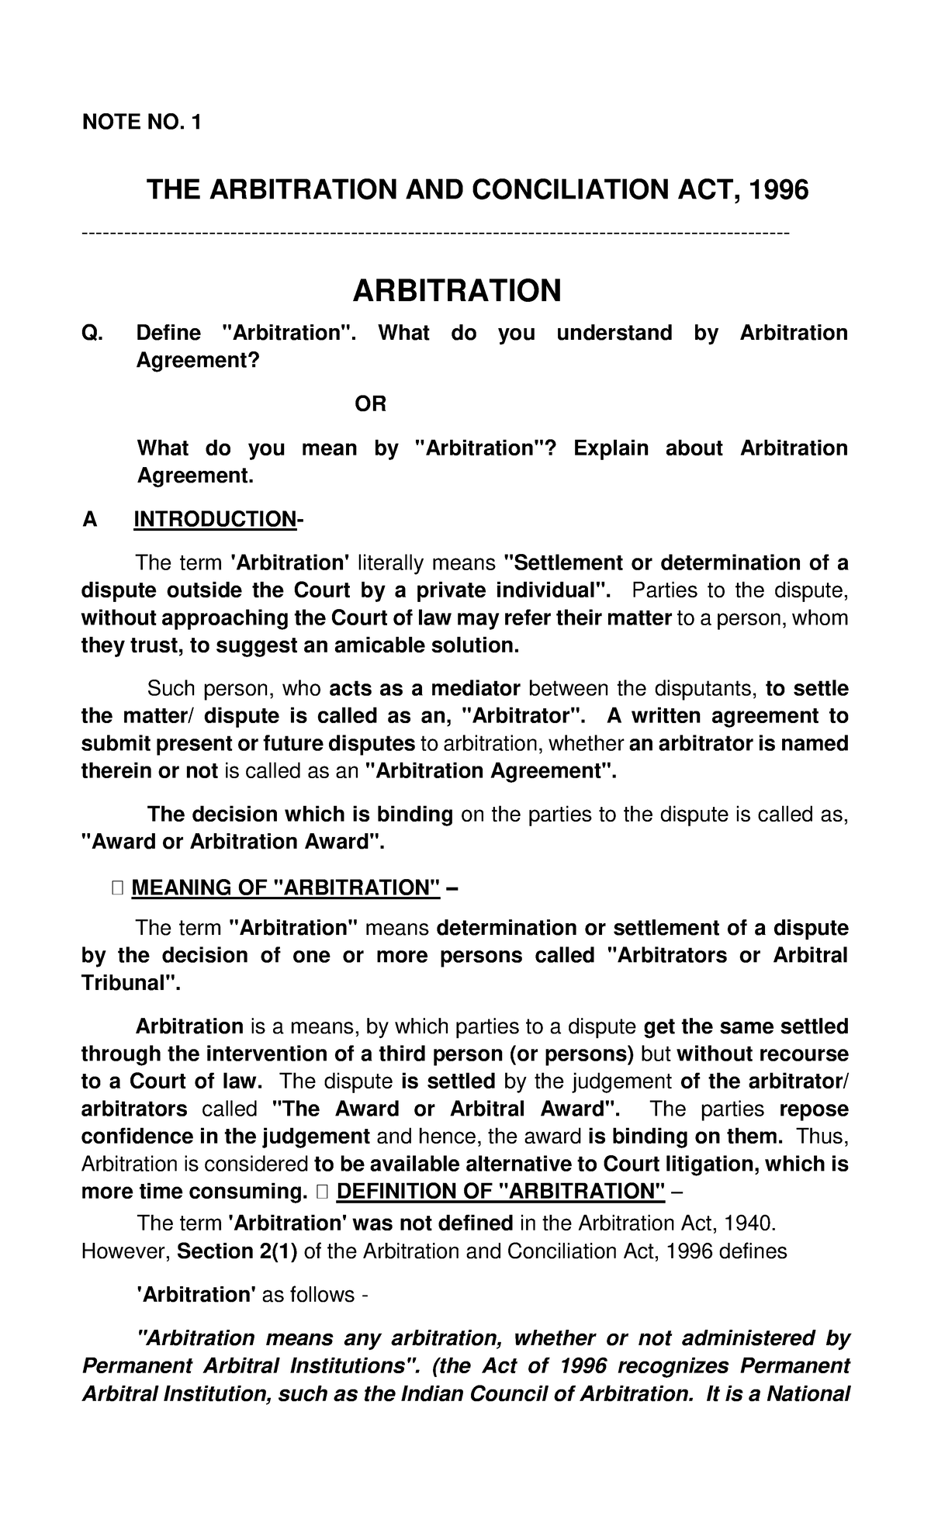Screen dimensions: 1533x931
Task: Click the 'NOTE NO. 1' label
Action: pos(140,122)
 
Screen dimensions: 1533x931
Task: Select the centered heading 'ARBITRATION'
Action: pos(456,291)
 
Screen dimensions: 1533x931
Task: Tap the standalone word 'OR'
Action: pos(370,404)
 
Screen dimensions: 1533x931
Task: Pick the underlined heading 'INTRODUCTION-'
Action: pos(218,519)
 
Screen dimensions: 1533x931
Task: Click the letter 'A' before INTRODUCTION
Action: pos(90,519)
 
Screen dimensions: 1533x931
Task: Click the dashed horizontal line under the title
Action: pos(434,233)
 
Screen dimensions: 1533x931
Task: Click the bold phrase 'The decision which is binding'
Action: pos(300,814)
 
